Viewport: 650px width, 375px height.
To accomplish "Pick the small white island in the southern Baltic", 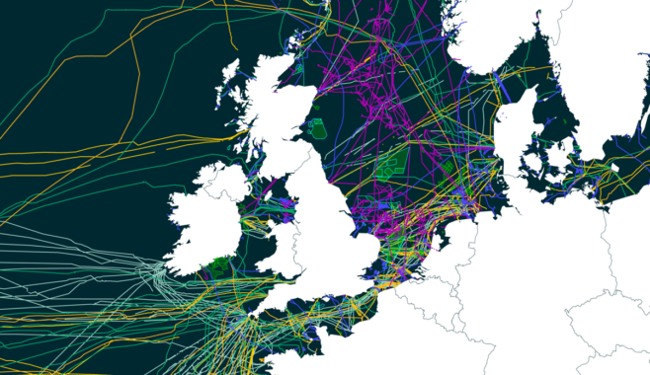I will point(613,168).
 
